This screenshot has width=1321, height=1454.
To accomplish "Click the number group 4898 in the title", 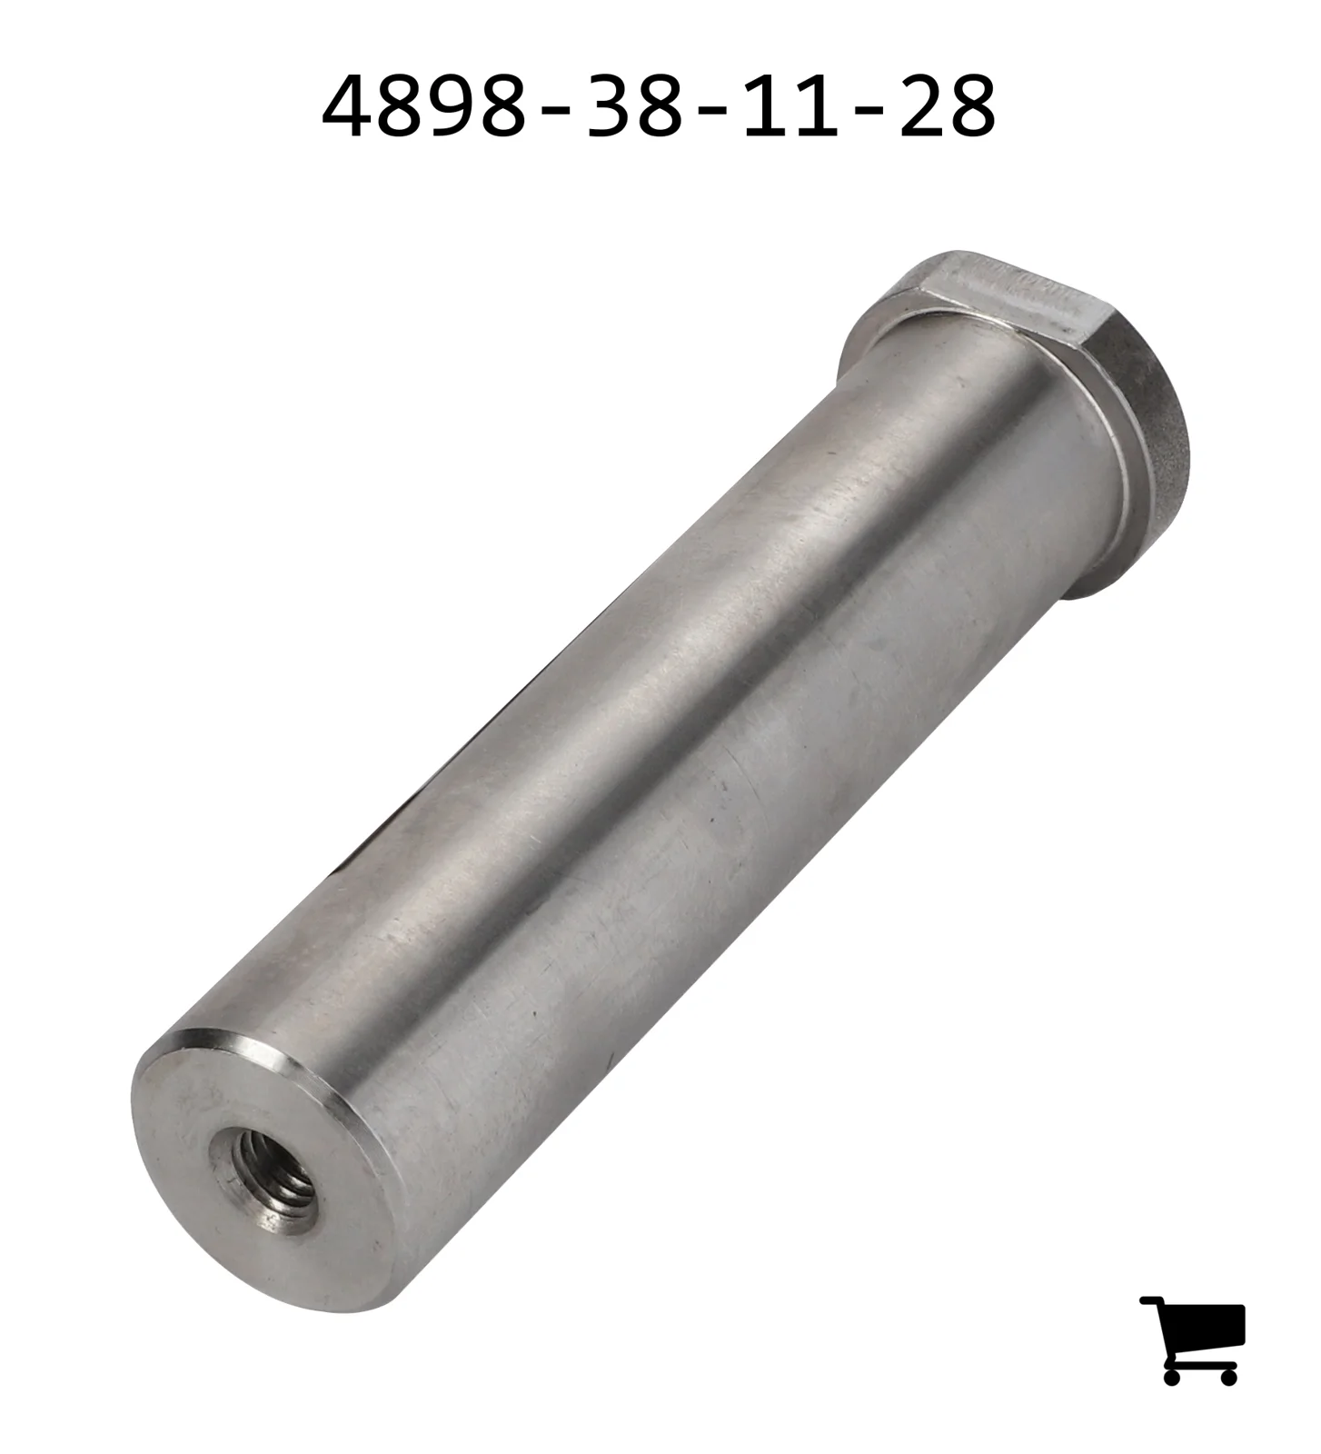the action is (424, 106).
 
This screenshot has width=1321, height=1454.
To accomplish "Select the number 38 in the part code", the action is (633, 106).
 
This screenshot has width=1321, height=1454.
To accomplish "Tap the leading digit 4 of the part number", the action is (347, 106).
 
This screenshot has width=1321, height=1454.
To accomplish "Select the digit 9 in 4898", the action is (451, 106).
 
